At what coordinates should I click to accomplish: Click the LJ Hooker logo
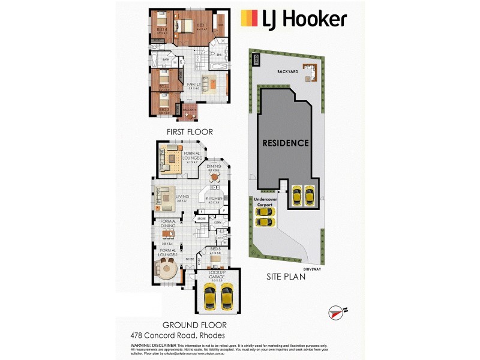click(x=293, y=19)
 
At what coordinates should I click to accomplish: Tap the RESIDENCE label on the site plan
click(x=285, y=143)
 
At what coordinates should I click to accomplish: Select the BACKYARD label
click(x=288, y=71)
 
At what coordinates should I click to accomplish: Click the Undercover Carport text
click(x=264, y=202)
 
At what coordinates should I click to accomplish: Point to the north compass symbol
click(x=338, y=312)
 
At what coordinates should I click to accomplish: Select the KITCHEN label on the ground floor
click(x=214, y=198)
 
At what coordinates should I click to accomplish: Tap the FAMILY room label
click(x=194, y=84)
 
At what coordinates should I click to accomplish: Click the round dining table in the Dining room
click(x=214, y=177)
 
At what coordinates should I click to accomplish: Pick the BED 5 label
click(x=215, y=250)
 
